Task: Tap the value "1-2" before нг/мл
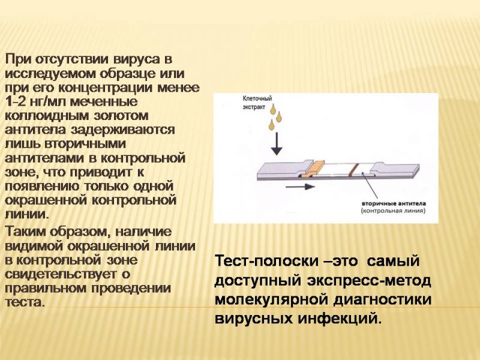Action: (x=16, y=101)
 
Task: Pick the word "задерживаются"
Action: (x=123, y=130)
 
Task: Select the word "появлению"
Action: (x=42, y=187)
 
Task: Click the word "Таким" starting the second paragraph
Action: (x=25, y=232)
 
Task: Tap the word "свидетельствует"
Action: (x=61, y=274)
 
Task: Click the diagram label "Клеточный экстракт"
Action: (x=257, y=103)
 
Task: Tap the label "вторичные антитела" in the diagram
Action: (x=394, y=203)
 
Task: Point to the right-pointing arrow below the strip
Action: (x=300, y=187)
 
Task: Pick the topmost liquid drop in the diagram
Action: (x=272, y=109)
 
